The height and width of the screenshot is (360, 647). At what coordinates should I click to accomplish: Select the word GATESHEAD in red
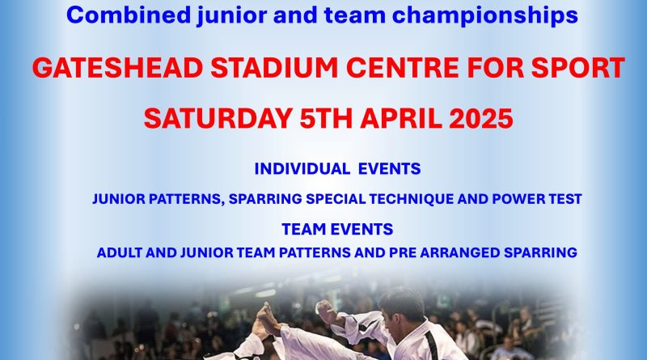coord(117,68)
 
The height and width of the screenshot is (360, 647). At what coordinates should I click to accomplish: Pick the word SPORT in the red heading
coord(577,68)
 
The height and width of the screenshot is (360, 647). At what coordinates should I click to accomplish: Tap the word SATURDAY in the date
coord(218,118)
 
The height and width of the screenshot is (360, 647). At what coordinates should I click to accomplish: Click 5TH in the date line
coord(326,118)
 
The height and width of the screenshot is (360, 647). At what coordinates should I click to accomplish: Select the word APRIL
coord(401,118)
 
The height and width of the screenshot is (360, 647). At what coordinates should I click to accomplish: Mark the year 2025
coord(481,118)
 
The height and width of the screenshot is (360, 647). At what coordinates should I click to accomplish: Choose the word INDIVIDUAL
coord(302,169)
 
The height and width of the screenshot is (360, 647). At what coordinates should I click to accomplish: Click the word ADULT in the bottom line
coord(119,252)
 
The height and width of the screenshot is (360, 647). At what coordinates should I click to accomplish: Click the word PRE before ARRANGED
coord(402,252)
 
